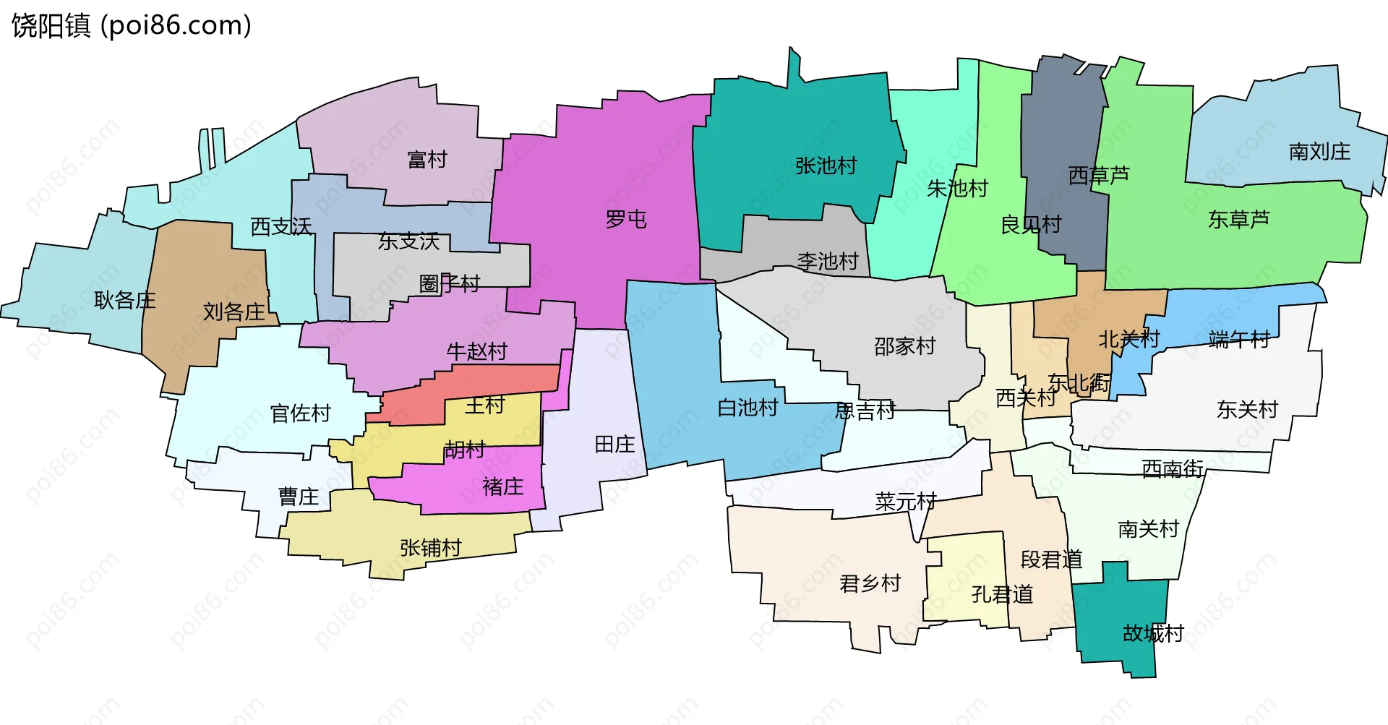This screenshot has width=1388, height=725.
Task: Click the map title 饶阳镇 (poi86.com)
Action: click(x=131, y=25)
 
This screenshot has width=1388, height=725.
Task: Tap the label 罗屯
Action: click(x=625, y=219)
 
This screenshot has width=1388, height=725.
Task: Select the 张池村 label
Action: click(x=826, y=166)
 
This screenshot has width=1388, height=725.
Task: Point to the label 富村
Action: click(x=427, y=159)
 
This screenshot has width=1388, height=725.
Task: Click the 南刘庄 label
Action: click(x=1319, y=152)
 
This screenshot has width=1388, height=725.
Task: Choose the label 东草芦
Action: click(x=1238, y=219)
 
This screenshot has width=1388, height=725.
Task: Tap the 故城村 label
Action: click(x=1153, y=633)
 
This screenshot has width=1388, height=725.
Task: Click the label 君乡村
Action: click(x=870, y=583)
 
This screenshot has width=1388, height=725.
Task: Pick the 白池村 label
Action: click(x=747, y=408)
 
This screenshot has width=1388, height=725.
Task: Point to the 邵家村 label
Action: click(x=904, y=346)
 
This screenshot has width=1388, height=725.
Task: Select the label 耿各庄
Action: click(x=124, y=300)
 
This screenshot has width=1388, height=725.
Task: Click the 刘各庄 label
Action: click(x=234, y=312)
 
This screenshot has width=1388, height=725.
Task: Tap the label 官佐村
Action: click(x=300, y=413)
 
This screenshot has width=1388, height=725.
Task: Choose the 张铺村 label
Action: click(x=430, y=548)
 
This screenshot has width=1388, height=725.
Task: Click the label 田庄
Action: click(x=614, y=445)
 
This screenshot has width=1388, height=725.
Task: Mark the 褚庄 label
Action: click(x=502, y=486)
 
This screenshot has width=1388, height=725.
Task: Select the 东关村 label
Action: click(x=1247, y=410)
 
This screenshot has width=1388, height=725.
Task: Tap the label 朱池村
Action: click(x=957, y=189)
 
